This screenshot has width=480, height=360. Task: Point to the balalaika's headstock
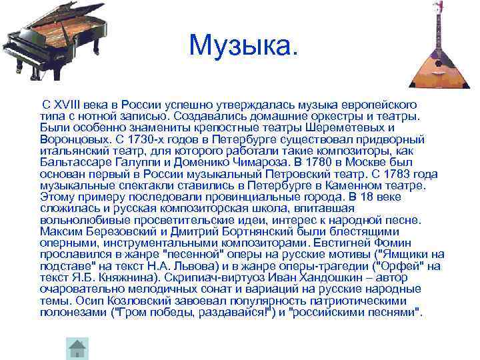point(439,8)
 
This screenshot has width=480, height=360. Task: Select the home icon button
point(78,348)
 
